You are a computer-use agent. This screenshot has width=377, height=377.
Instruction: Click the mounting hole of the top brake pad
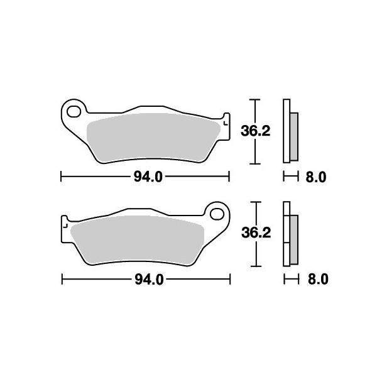[74, 112]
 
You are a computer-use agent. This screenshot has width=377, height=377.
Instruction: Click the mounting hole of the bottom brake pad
[217, 214]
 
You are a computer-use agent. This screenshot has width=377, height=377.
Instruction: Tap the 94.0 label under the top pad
[148, 177]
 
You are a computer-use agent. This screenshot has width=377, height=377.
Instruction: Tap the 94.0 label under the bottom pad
[149, 280]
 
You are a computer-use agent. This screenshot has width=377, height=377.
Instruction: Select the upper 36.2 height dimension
[255, 131]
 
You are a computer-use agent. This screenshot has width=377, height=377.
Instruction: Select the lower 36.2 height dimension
[256, 233]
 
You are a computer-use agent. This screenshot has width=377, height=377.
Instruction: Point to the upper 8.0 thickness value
[316, 177]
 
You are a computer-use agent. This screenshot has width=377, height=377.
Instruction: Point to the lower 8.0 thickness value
[318, 280]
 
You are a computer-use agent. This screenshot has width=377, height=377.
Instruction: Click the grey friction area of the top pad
[153, 138]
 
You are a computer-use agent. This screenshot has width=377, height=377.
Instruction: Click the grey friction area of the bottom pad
[137, 240]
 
